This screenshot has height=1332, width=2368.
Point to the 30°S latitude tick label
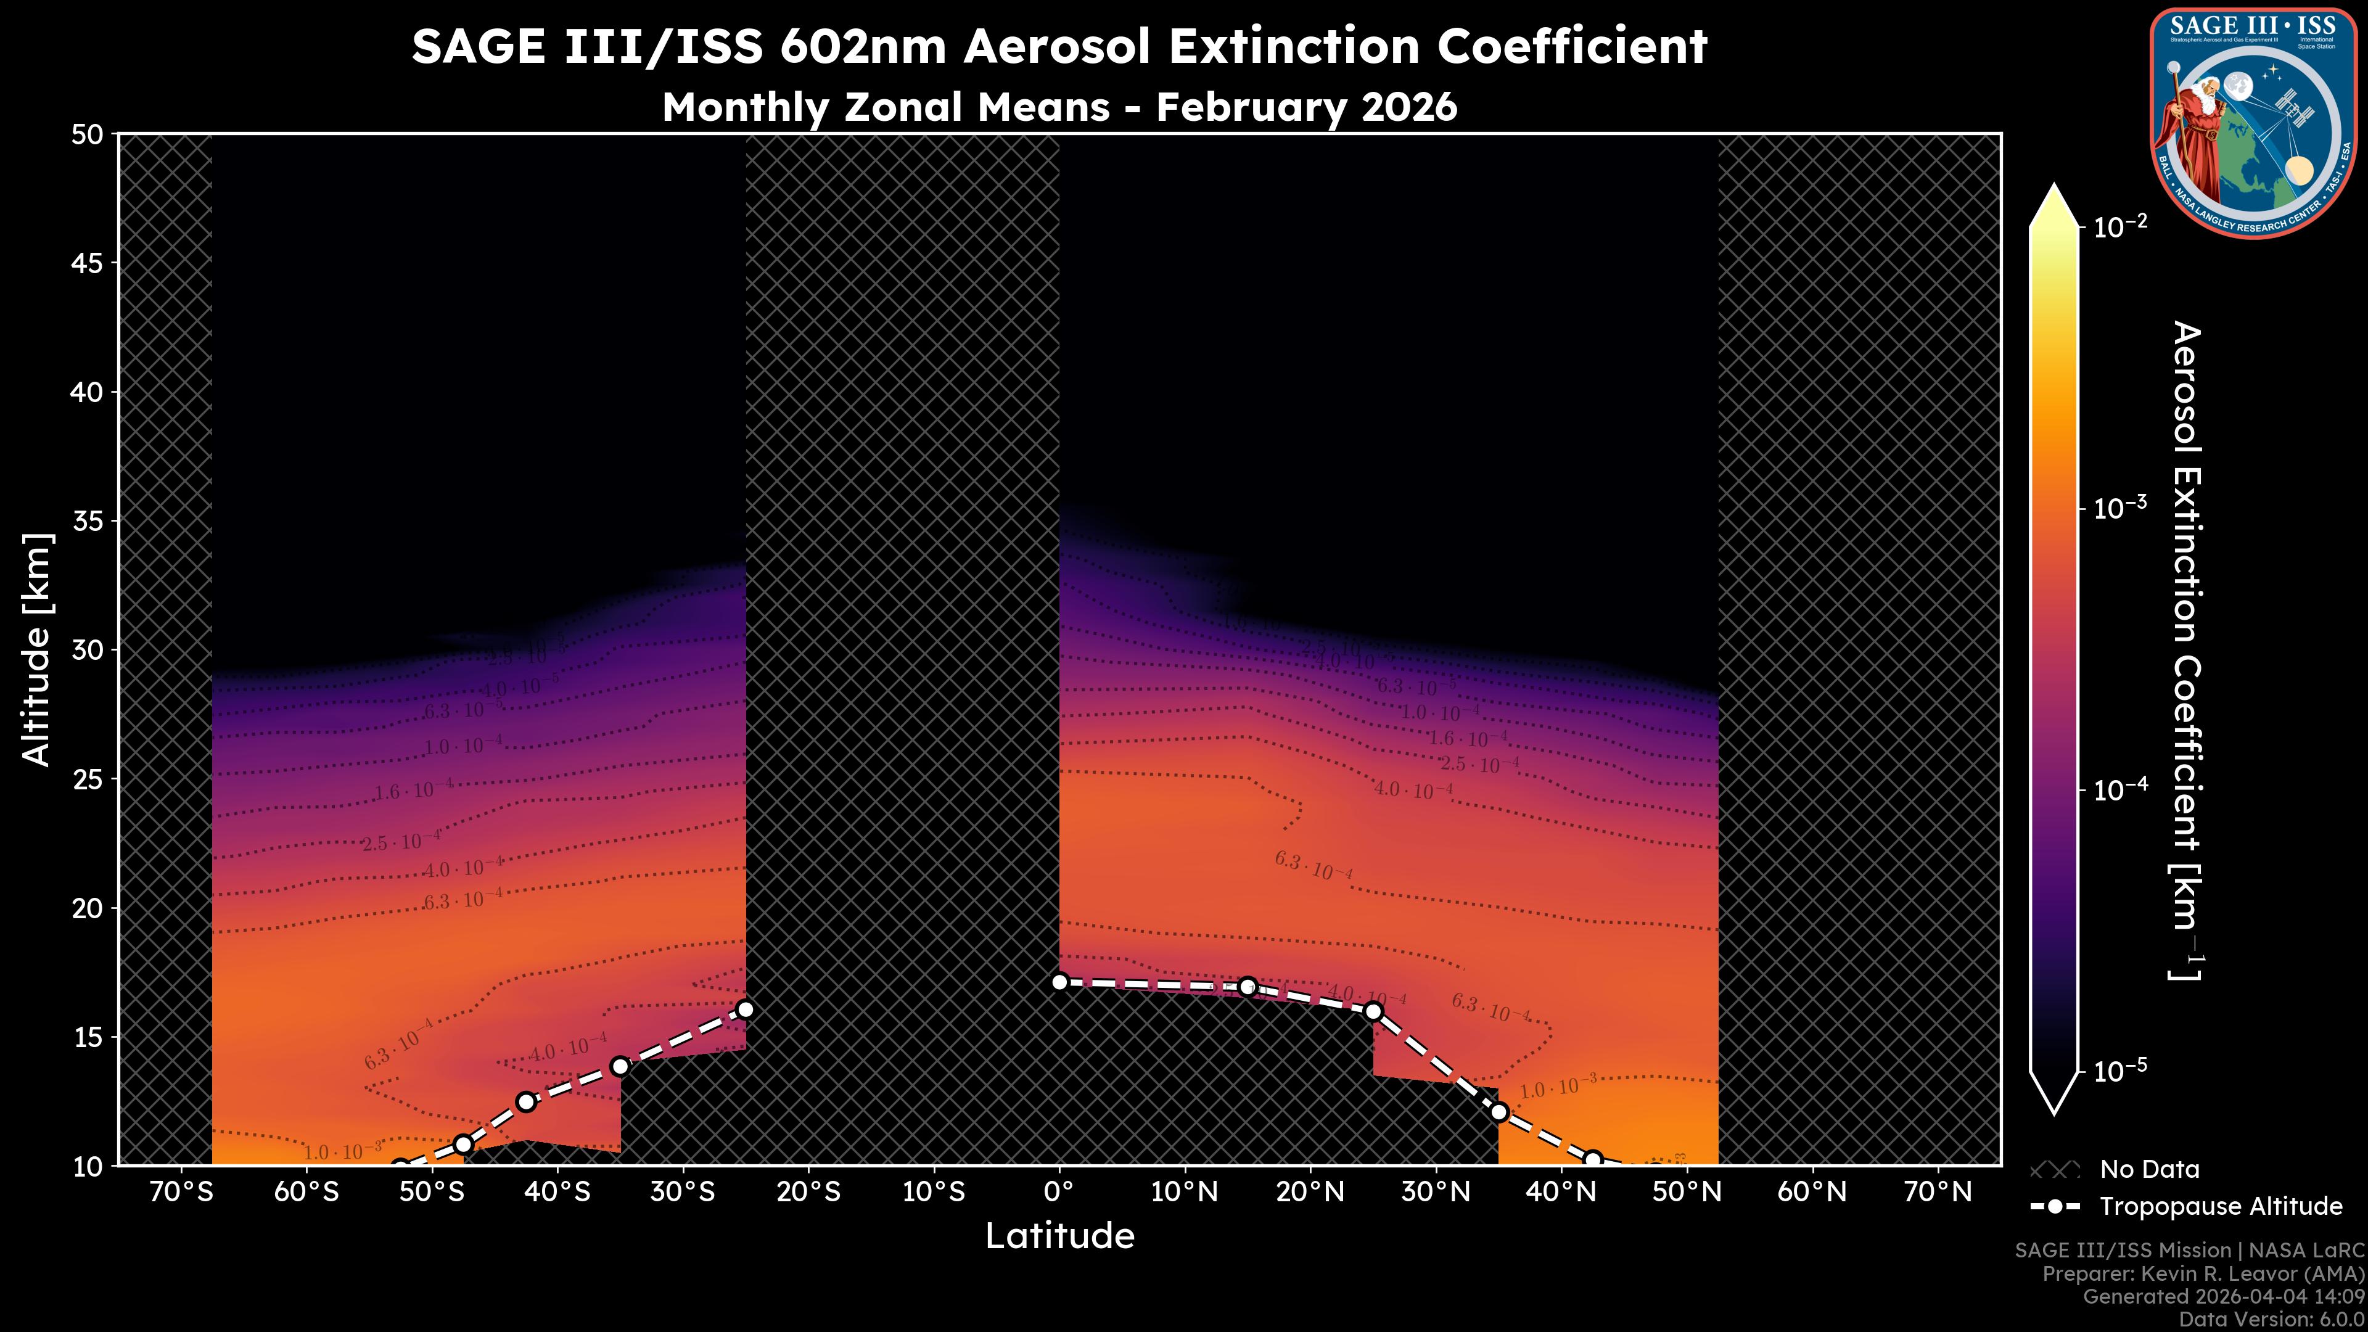click(682, 1192)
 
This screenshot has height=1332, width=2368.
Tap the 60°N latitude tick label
click(1812, 1192)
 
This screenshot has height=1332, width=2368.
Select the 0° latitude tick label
click(1059, 1192)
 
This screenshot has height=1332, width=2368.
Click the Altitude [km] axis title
click(37, 649)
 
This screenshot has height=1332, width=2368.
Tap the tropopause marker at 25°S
click(746, 1009)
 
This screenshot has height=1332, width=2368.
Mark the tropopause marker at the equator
click(1059, 982)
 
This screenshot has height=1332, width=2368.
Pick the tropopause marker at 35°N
click(1498, 1112)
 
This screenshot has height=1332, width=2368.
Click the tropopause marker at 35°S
click(620, 1066)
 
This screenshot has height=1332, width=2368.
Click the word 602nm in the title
click(862, 46)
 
